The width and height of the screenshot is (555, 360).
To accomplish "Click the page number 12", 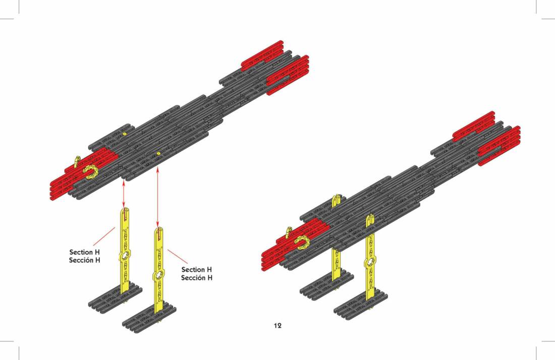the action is [x=277, y=325].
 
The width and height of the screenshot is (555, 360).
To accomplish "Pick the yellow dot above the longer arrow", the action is [x=158, y=153].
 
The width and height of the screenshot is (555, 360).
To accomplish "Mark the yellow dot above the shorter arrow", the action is [x=124, y=135].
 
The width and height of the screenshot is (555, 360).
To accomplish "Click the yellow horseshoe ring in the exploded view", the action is [x=91, y=172].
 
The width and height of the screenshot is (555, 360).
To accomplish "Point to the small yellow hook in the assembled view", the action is [x=288, y=232].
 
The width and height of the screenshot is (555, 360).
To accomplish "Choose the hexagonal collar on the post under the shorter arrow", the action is [x=125, y=256].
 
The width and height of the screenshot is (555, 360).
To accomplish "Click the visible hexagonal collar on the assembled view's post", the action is [x=371, y=262].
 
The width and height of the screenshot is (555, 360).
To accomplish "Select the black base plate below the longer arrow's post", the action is [x=149, y=319].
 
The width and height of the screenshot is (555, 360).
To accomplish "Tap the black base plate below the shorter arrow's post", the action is [x=115, y=296].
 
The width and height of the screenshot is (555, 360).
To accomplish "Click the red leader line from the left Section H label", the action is [x=104, y=236].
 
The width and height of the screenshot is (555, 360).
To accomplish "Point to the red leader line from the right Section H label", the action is [x=178, y=257].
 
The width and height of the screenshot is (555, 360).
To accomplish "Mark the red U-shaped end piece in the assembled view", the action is [x=499, y=146].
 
